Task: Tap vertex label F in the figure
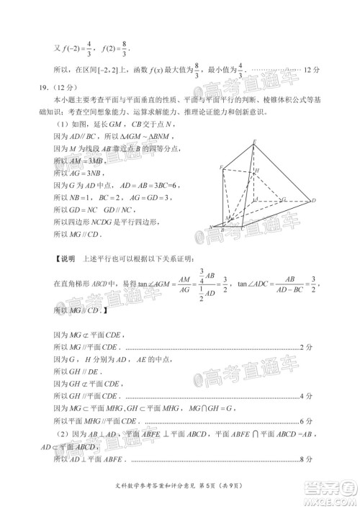[222, 167]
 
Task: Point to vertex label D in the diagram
[314, 201]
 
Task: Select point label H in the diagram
[265, 171]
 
